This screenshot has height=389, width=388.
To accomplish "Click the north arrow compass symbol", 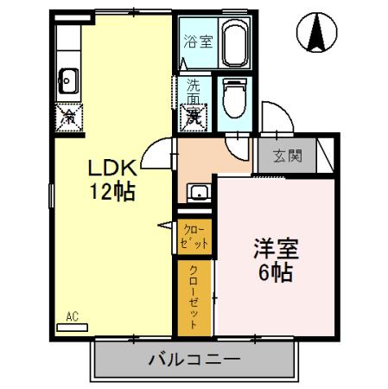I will tap(316, 33).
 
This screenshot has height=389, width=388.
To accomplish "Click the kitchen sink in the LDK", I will tap(68, 82).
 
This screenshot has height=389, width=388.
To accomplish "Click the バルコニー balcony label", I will tap(195, 357).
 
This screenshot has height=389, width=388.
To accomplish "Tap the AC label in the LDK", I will tap(73, 317).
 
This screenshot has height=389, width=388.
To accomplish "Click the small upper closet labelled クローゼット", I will tap(195, 237).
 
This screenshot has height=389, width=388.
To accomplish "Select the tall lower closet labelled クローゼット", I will tap(194, 294).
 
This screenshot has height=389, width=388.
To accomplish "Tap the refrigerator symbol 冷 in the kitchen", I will tap(68, 114).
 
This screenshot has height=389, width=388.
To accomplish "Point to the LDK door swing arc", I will tap(156, 156).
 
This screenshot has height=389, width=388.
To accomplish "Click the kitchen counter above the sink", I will tap(68, 48).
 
